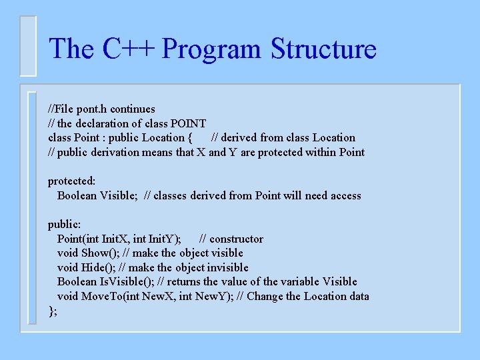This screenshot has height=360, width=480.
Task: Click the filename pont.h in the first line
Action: pos(93,109)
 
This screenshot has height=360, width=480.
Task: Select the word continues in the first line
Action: pos(133,109)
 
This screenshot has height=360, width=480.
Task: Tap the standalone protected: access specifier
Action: pos(71,181)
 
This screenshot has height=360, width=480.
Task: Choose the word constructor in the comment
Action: pos(236,239)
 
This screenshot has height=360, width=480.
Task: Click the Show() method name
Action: pos(95,253)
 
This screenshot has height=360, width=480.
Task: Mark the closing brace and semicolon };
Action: pos(53,311)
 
